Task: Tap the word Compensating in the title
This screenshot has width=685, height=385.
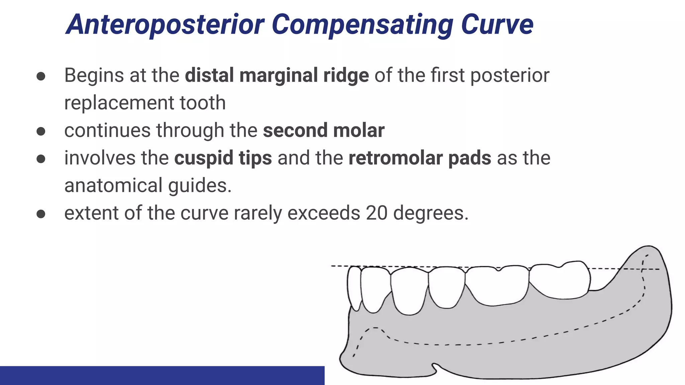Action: point(362,25)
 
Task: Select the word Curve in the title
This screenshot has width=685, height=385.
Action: point(497,25)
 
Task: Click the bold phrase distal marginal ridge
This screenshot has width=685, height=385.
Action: point(277,75)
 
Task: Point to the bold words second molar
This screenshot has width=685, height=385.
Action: point(323,130)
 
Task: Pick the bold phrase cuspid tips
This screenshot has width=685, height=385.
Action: point(223,158)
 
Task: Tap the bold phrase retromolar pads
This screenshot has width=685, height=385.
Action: point(419,158)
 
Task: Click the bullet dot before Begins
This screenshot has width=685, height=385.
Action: point(41,76)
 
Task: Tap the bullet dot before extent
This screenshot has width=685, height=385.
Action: point(41,214)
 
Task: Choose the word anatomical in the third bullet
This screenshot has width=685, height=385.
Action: point(113,185)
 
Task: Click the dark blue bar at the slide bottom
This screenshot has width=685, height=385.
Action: point(162,375)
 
